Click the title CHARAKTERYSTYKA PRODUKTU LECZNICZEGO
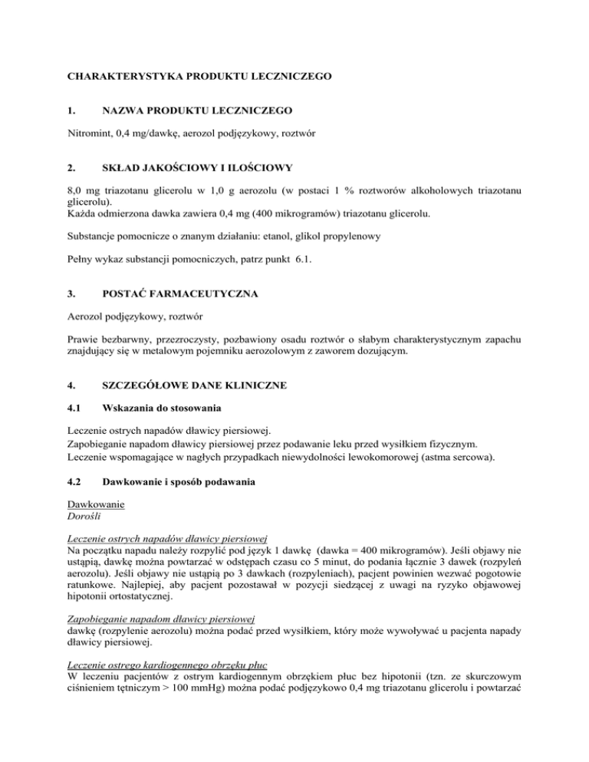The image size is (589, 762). click(201, 77)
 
